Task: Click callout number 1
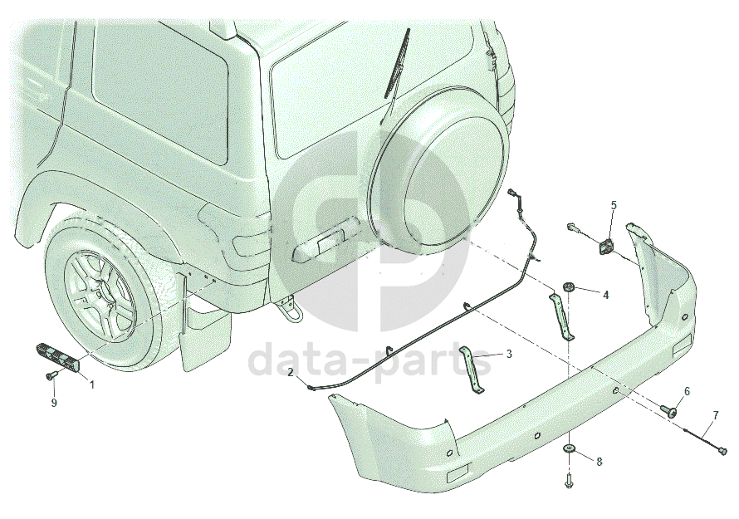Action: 92,384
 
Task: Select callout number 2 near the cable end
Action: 291,372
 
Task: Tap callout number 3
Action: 509,354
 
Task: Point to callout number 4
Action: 606,295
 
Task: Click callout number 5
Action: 614,205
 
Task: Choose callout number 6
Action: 687,391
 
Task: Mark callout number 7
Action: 716,415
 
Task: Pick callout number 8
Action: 600,462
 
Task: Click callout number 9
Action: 54,403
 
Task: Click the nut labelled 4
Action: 569,286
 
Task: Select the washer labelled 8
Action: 570,448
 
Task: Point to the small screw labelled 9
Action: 51,375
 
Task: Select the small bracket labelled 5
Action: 606,247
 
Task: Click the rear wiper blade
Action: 397,64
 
